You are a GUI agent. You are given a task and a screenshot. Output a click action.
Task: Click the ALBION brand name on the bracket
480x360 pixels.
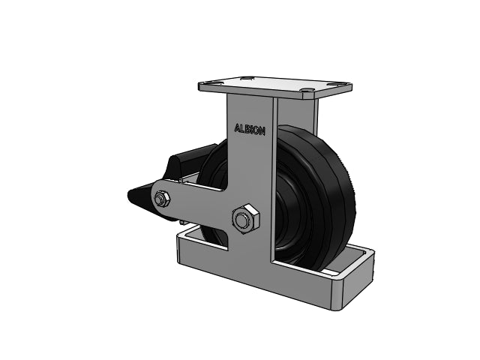point(250,130)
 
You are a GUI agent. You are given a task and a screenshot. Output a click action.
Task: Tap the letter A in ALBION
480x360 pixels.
point(237,128)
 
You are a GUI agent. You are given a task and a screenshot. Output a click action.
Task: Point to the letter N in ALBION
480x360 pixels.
point(262,131)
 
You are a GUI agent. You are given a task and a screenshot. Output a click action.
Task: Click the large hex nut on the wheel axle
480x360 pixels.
point(246,218)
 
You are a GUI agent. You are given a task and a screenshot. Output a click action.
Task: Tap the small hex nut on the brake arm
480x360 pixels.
point(162,199)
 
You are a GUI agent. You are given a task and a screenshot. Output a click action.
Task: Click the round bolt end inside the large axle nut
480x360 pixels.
point(242,220)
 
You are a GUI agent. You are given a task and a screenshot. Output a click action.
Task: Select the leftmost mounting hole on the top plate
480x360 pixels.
point(211,83)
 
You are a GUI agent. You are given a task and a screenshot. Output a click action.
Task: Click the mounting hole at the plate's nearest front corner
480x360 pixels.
point(307,90)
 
